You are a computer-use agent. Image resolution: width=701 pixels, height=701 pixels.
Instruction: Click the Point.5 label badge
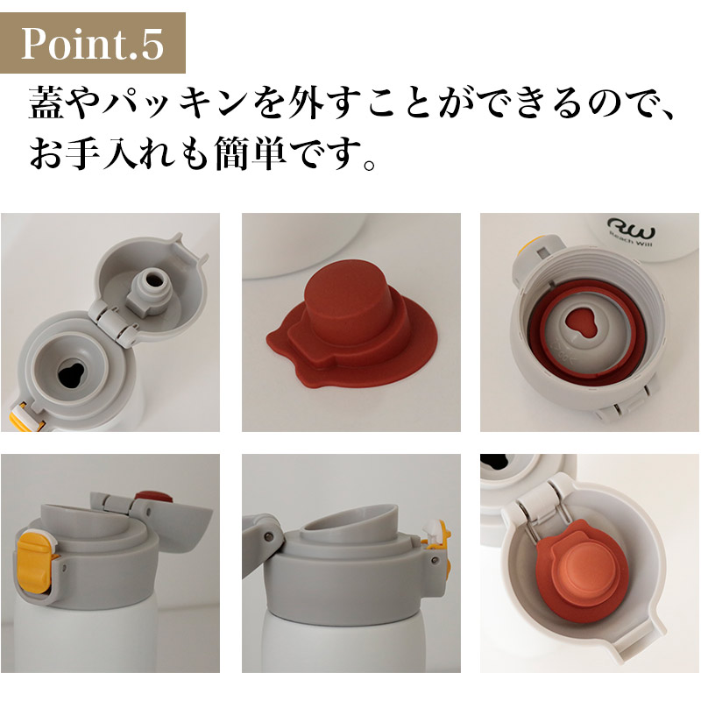(93, 43)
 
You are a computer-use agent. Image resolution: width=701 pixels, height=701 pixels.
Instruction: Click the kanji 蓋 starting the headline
(46, 103)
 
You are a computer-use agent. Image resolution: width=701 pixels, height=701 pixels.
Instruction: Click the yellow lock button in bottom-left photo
(34, 561)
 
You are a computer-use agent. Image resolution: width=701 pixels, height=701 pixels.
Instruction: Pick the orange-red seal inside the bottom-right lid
(577, 573)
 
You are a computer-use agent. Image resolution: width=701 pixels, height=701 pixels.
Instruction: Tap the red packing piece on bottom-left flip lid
(154, 497)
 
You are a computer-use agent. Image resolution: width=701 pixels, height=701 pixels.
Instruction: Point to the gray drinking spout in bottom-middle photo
(349, 521)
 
